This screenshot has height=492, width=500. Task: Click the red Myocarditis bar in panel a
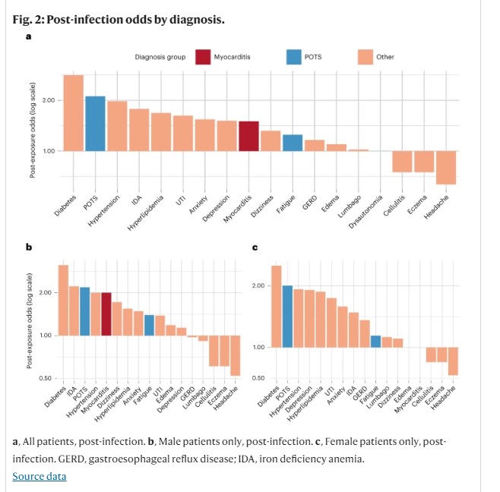pyautogui.click(x=248, y=136)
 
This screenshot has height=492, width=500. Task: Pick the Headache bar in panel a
pyautogui.click(x=445, y=167)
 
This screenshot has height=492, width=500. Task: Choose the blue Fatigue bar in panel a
pyautogui.click(x=293, y=143)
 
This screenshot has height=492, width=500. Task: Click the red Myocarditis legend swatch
pyautogui.click(x=203, y=57)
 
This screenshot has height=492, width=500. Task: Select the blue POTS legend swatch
pyautogui.click(x=294, y=57)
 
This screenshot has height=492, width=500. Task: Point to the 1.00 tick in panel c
pyautogui.click(x=259, y=347)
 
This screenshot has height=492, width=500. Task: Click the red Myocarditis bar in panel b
pyautogui.click(x=106, y=314)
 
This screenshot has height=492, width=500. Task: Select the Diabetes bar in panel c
pyautogui.click(x=277, y=306)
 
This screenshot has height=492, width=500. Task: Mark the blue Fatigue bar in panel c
pyautogui.click(x=375, y=341)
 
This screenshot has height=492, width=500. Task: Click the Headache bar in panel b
pyautogui.click(x=236, y=355)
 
